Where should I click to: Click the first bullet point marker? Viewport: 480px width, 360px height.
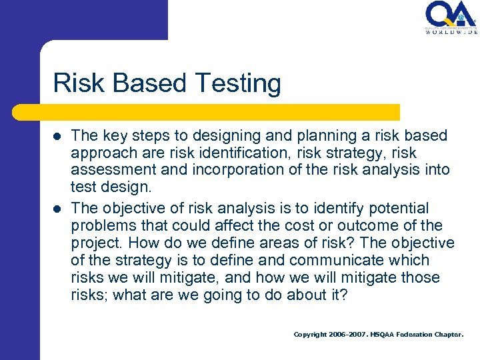[57, 136]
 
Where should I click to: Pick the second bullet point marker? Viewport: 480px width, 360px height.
[57, 209]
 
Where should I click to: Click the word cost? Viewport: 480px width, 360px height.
[319, 225]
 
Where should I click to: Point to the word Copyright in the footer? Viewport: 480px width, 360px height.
[310, 335]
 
